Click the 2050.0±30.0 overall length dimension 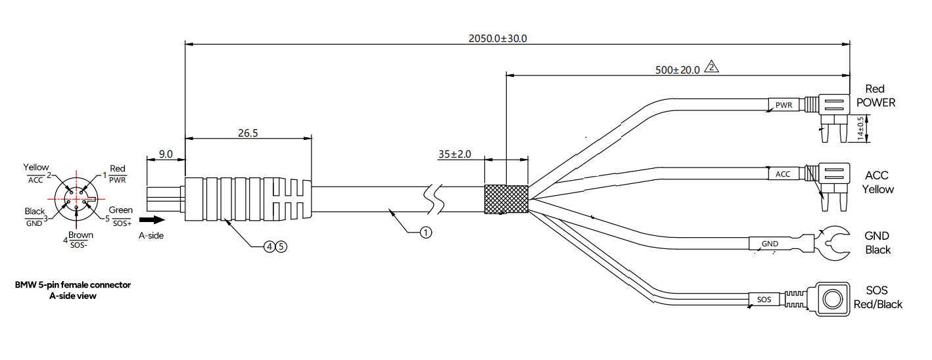498,39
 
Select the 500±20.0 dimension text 678,70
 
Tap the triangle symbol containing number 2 711,67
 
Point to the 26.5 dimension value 248,133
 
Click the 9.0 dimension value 166,154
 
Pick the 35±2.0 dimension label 454,154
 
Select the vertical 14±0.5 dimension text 860,128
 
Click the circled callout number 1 426,233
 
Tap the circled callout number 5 281,247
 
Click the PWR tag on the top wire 783,105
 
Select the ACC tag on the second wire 783,174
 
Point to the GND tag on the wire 770,244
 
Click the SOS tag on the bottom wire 764,300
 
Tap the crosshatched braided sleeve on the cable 506,199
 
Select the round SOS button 833,300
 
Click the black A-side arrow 152,220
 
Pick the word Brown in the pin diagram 81,235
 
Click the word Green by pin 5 121,210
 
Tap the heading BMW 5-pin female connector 73,284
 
